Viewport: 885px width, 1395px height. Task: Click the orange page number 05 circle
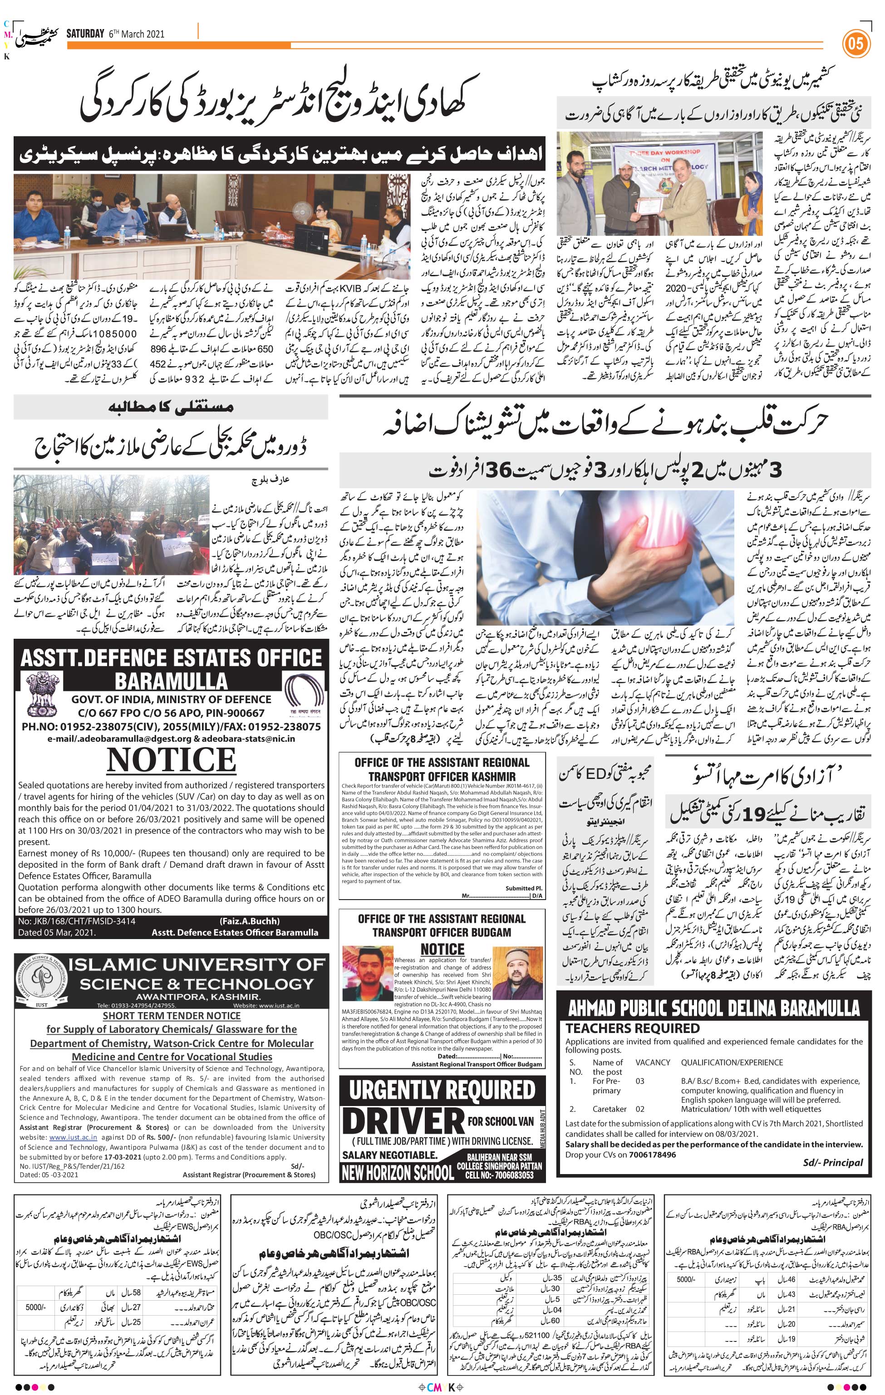coord(855,44)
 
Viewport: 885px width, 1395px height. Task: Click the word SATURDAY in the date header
coord(84,34)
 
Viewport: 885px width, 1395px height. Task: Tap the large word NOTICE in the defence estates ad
coord(172,759)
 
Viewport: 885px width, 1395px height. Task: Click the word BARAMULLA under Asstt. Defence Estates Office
coord(172,680)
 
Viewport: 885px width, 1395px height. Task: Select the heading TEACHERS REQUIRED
coord(632,1028)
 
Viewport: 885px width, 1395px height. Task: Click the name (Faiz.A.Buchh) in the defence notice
coord(249,921)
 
